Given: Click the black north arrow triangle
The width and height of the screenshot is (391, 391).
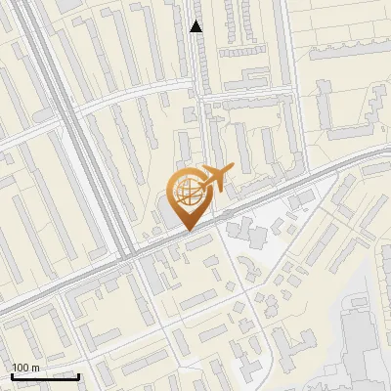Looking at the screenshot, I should [196, 26].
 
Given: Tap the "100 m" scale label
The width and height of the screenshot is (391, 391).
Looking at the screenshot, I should [26, 368].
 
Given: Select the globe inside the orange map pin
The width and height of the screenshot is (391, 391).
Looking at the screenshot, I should [187, 193].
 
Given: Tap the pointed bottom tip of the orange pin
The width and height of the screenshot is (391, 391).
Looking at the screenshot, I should [187, 231].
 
